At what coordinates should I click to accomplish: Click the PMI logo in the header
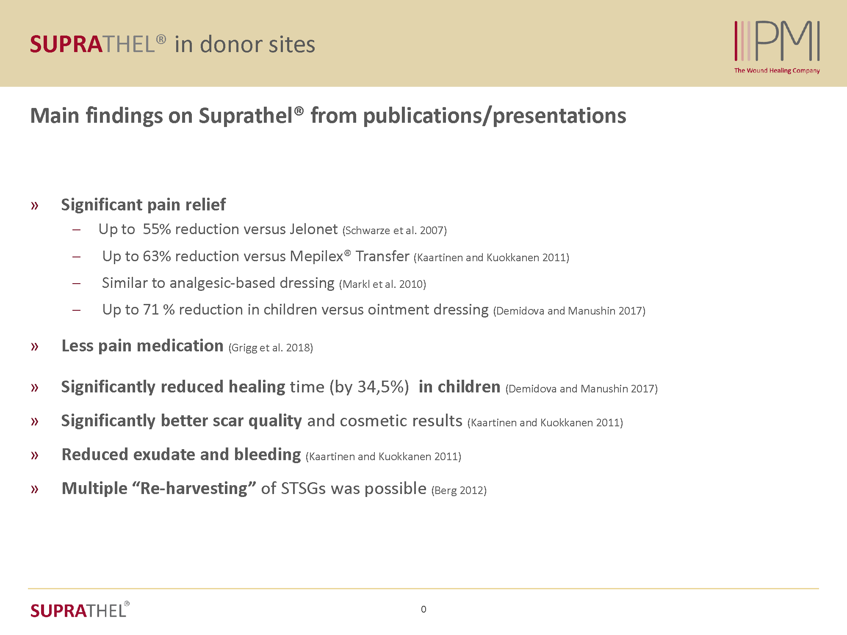(x=777, y=41)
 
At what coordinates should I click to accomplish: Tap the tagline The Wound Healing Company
(x=777, y=71)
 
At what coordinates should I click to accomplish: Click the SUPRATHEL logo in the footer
(x=80, y=610)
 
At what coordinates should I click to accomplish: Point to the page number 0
(x=423, y=610)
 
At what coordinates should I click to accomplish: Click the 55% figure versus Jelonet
(x=157, y=229)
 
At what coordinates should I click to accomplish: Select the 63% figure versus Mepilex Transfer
(x=157, y=257)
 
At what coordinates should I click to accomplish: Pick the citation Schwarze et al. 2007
(x=395, y=231)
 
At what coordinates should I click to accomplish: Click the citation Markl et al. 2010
(x=382, y=284)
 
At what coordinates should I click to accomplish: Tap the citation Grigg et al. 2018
(x=271, y=348)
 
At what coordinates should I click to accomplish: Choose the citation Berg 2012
(x=459, y=491)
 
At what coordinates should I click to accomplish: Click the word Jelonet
(x=313, y=229)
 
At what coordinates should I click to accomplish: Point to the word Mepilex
(x=316, y=257)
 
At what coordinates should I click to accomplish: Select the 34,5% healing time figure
(x=383, y=387)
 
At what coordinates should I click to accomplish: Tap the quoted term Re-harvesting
(x=194, y=489)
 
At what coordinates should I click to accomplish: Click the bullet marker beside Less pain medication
(x=35, y=347)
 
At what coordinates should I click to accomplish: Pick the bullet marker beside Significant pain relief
(x=35, y=206)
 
